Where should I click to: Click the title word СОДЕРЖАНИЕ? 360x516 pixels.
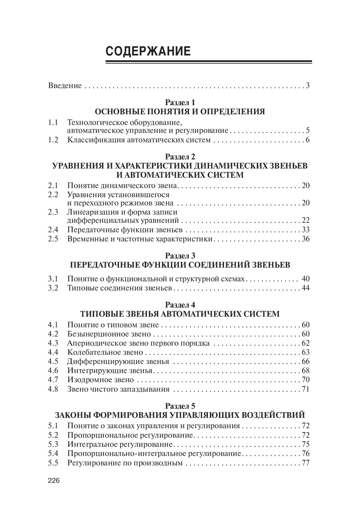148,51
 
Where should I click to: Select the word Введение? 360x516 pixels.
65,86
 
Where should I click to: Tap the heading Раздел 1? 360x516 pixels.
180,102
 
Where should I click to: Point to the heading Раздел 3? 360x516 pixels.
180,255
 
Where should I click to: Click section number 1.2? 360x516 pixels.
53,140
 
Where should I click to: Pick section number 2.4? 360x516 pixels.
53,230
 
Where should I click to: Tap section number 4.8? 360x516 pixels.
53,389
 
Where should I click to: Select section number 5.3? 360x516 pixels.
53,444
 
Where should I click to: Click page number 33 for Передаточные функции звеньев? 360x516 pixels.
305,230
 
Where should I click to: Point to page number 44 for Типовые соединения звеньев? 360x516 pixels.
305,288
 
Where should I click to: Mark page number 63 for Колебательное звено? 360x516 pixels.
305,352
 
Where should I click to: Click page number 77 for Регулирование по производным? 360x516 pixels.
305,463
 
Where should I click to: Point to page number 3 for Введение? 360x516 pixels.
308,86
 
